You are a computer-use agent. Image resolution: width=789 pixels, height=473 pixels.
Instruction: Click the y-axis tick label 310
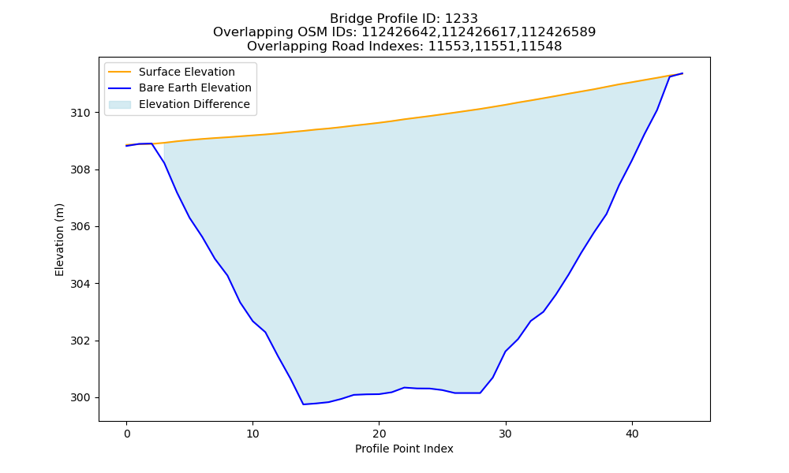point(80,113)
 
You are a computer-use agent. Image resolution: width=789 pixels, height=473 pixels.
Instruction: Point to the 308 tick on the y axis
point(80,170)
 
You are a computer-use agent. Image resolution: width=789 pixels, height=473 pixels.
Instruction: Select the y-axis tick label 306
point(80,227)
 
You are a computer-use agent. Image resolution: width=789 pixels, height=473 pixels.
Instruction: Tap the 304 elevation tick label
point(80,284)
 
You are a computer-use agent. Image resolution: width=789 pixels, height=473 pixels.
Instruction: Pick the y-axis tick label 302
point(80,341)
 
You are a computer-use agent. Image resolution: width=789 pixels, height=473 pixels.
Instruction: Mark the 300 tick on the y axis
point(80,397)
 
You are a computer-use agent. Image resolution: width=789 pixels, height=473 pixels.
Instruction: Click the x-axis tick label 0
point(127,434)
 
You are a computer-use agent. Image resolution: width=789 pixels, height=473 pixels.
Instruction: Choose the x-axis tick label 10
point(252,434)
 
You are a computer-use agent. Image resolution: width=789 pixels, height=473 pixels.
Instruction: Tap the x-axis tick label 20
point(379,434)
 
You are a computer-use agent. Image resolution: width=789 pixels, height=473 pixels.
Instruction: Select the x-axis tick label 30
point(506,434)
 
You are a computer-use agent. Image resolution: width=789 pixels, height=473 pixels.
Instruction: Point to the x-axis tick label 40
point(632,434)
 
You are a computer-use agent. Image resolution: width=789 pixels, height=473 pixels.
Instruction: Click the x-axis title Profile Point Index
point(404,449)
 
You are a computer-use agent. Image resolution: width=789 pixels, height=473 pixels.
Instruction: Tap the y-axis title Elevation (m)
point(59,240)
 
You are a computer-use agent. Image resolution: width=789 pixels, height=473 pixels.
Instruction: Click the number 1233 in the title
point(461,19)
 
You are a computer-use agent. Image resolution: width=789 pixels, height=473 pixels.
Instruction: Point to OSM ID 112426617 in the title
point(479,32)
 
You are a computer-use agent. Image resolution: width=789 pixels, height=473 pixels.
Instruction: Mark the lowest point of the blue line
point(304,404)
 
